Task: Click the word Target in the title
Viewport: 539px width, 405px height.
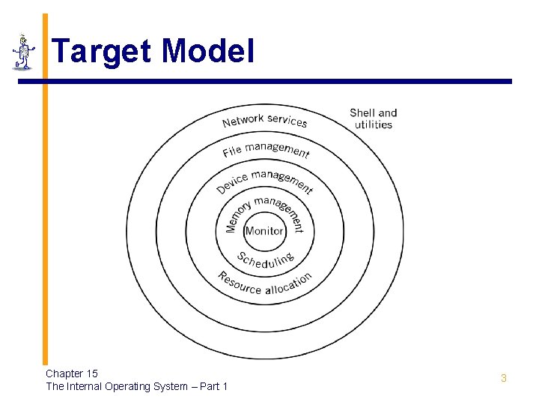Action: tap(102, 52)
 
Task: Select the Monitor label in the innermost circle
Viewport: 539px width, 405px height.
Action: tap(264, 231)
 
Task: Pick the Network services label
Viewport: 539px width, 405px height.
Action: tap(264, 120)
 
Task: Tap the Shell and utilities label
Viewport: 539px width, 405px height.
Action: tap(373, 118)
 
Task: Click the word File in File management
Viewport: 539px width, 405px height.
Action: tap(232, 151)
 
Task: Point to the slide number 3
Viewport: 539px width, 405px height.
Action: tap(504, 378)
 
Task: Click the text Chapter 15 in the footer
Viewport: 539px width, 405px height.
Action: tap(72, 373)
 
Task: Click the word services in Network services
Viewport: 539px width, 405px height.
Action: tap(287, 121)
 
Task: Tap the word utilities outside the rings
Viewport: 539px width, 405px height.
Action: tap(373, 124)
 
